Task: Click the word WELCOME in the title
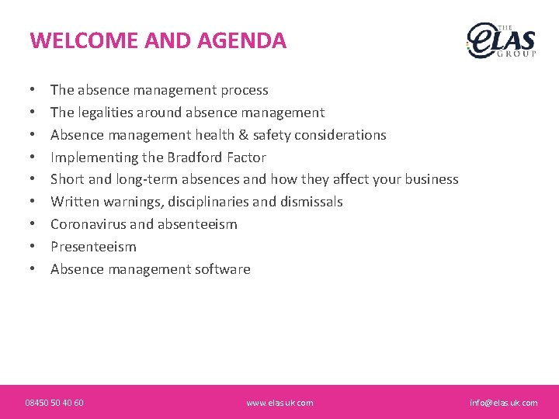point(75,40)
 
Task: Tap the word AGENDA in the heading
point(241,40)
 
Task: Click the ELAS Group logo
point(501,40)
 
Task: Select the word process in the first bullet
point(245,90)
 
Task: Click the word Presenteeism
point(93,247)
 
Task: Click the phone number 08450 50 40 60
point(54,403)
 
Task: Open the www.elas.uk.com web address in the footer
point(279,403)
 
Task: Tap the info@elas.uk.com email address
point(503,403)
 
